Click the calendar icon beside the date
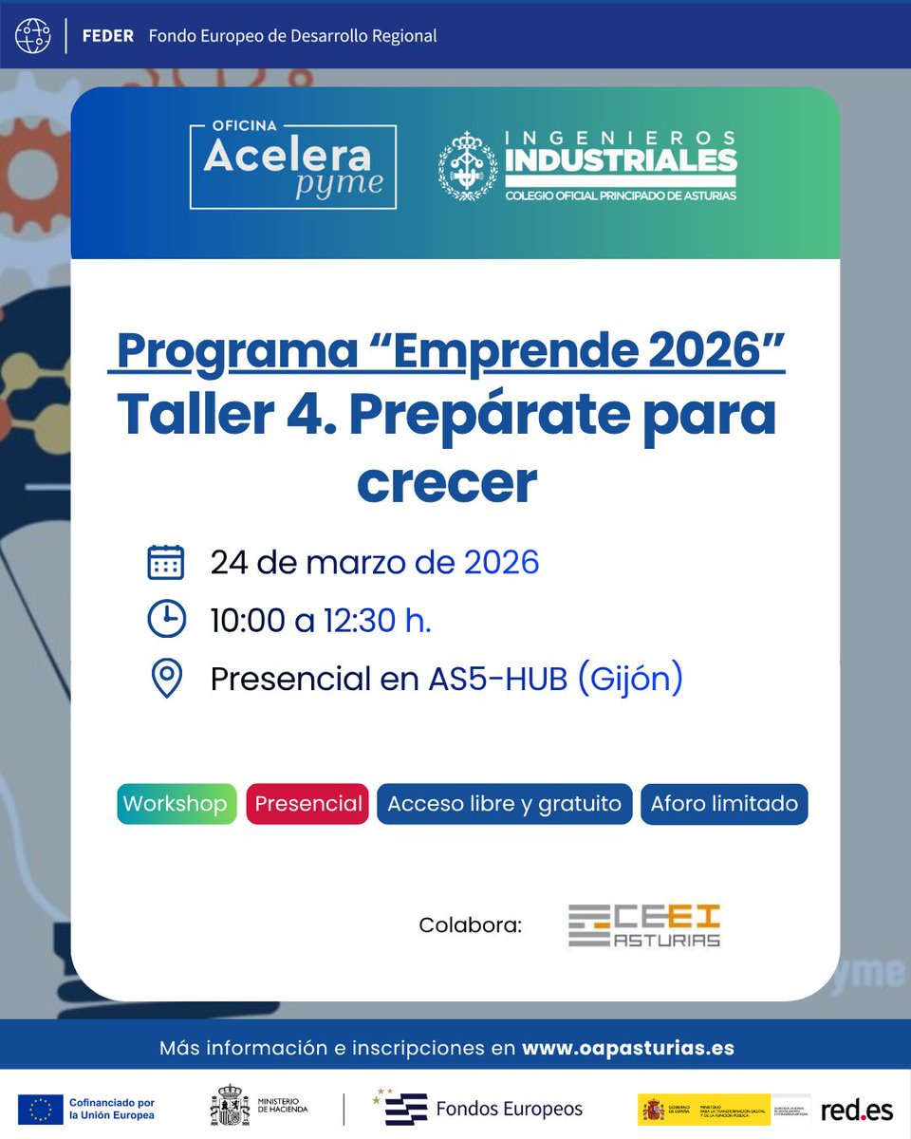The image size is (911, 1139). click(x=166, y=562)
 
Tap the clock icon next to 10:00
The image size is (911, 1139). click(x=166, y=620)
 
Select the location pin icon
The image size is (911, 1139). click(x=166, y=679)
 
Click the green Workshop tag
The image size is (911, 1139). click(x=176, y=804)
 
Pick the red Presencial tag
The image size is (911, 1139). click(x=307, y=804)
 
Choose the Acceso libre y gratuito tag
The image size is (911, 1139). click(x=504, y=804)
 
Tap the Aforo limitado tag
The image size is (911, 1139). click(x=724, y=804)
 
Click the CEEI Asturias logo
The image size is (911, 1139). click(x=643, y=925)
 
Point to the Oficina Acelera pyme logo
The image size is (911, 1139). click(x=293, y=166)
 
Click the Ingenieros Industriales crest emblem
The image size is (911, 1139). click(x=468, y=166)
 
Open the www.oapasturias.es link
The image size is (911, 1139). click(x=627, y=1049)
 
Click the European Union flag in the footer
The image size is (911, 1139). click(x=40, y=1109)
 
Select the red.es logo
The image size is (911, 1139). click(x=857, y=1109)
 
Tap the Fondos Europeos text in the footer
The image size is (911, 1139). click(x=509, y=1109)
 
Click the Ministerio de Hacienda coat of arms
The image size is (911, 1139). click(x=230, y=1108)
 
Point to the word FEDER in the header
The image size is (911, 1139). click(x=107, y=36)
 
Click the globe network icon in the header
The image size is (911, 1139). click(x=33, y=35)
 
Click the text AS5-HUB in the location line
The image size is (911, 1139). click(x=497, y=679)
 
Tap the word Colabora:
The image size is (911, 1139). click(x=470, y=924)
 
